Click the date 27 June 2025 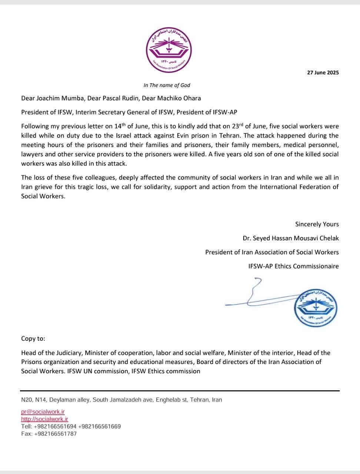click(323, 73)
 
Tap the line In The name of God click(167, 85)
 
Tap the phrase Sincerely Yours click(317, 224)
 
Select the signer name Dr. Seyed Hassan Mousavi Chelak click(290, 238)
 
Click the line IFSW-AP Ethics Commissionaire click(293, 266)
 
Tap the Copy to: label click(33, 338)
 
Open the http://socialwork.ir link click(44, 419)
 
